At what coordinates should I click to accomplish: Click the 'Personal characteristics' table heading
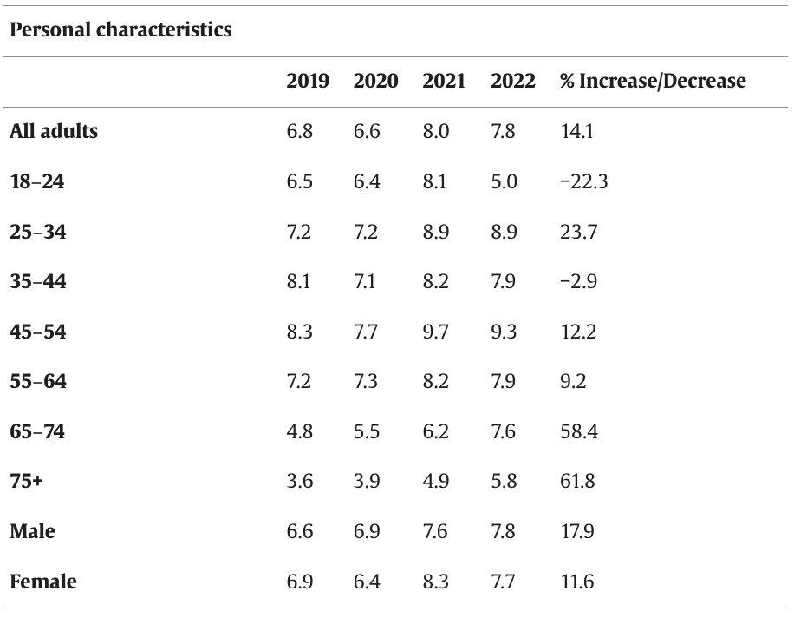tap(120, 30)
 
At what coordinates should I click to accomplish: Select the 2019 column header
tap(308, 82)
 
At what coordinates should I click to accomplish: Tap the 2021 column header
tap(444, 82)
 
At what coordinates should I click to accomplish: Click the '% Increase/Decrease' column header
tap(652, 82)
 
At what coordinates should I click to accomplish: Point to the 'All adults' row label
tap(54, 132)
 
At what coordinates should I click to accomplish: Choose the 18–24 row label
tap(37, 182)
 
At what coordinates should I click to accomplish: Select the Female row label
tap(42, 582)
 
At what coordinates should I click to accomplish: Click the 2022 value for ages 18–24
tap(504, 182)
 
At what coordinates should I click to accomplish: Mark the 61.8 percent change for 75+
tap(577, 481)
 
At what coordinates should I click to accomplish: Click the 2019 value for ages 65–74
tap(300, 431)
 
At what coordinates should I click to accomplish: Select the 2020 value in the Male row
tap(367, 531)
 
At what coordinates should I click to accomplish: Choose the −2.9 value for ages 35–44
tap(578, 282)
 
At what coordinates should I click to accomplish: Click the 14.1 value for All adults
tap(576, 132)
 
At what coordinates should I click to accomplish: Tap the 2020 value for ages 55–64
tap(366, 381)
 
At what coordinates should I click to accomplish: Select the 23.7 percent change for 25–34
tap(578, 232)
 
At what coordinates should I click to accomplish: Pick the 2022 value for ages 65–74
tap(504, 431)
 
